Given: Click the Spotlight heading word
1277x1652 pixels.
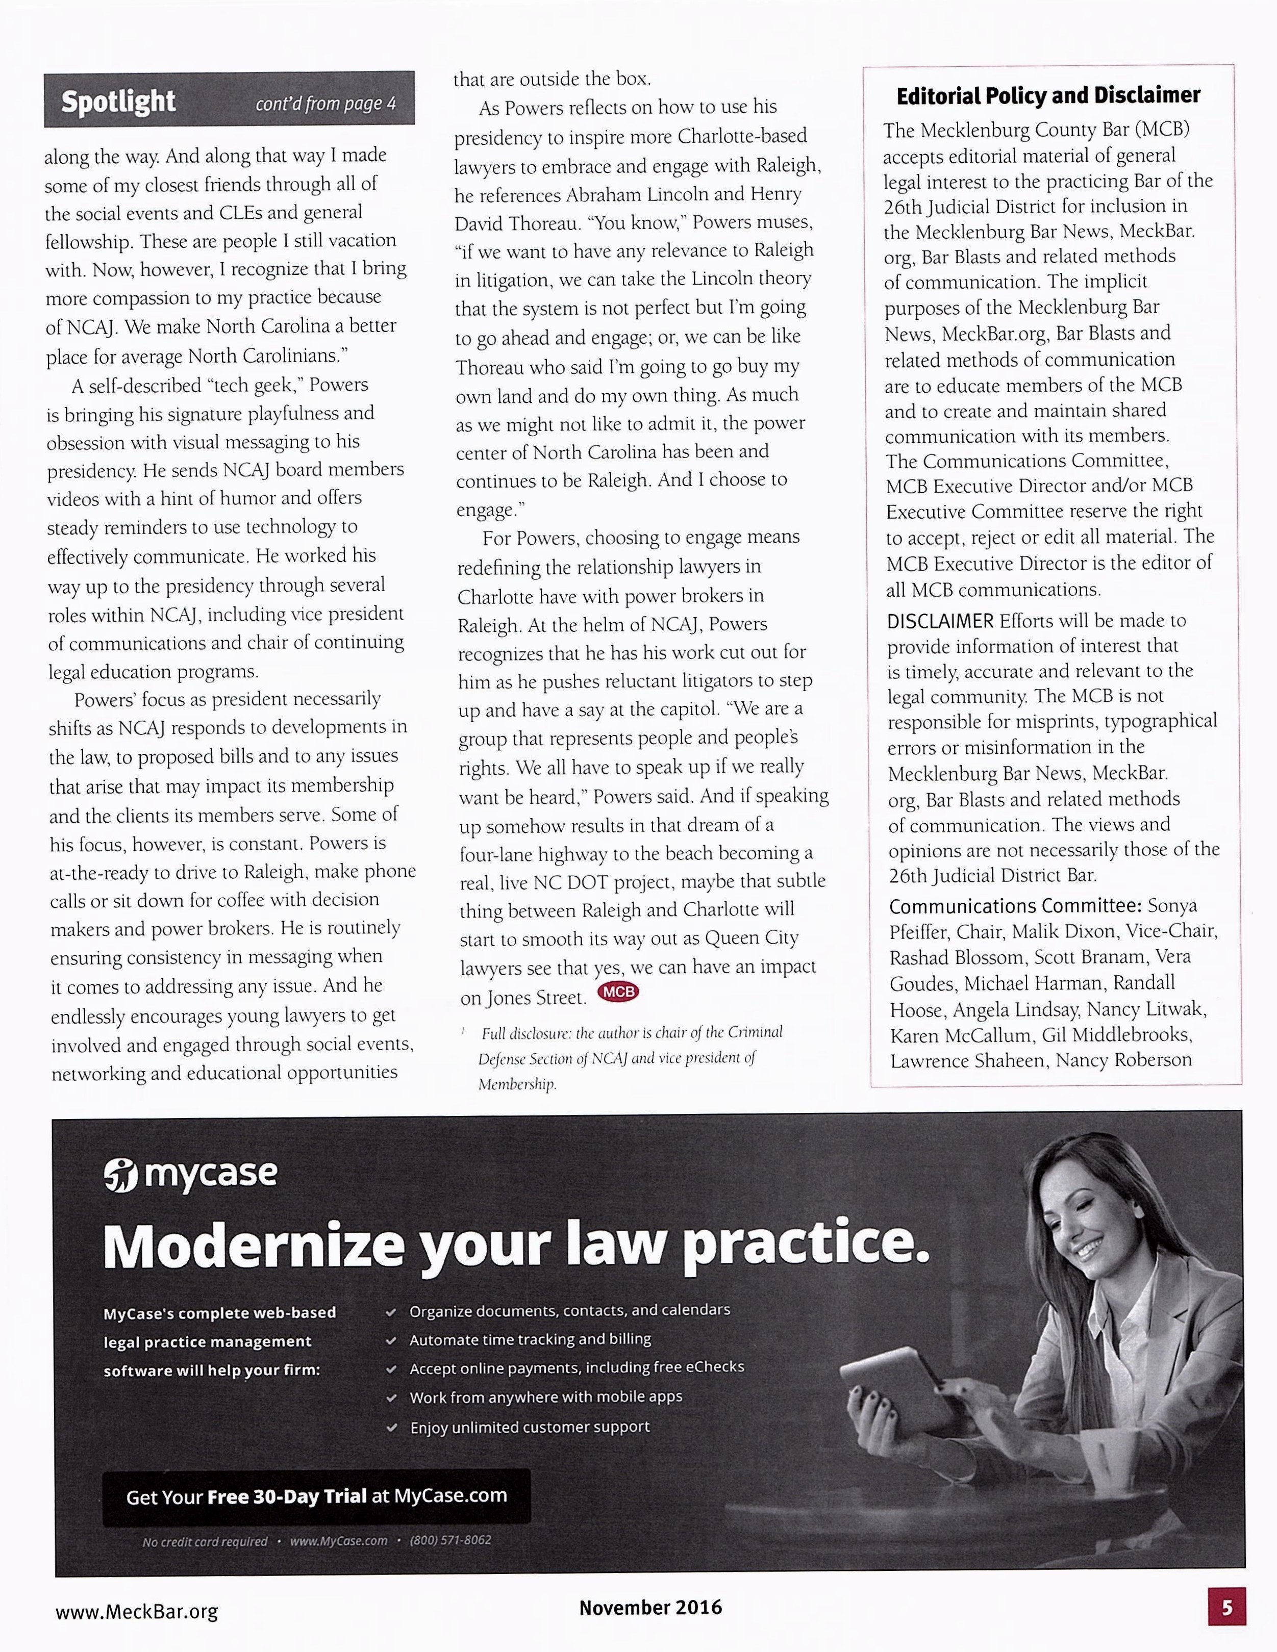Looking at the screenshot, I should coord(118,100).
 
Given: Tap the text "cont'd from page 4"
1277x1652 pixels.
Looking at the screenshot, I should coord(325,104).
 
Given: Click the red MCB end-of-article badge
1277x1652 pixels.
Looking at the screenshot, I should coord(618,992).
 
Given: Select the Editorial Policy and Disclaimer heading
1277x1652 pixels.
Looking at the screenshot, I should coord(1048,96).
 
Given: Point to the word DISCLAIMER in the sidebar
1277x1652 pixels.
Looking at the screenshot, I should coord(940,621).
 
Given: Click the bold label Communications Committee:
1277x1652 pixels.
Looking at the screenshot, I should coord(1015,905).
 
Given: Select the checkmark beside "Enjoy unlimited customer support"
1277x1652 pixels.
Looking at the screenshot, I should coord(391,1428).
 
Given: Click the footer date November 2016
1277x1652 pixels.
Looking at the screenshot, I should coord(650,1607).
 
